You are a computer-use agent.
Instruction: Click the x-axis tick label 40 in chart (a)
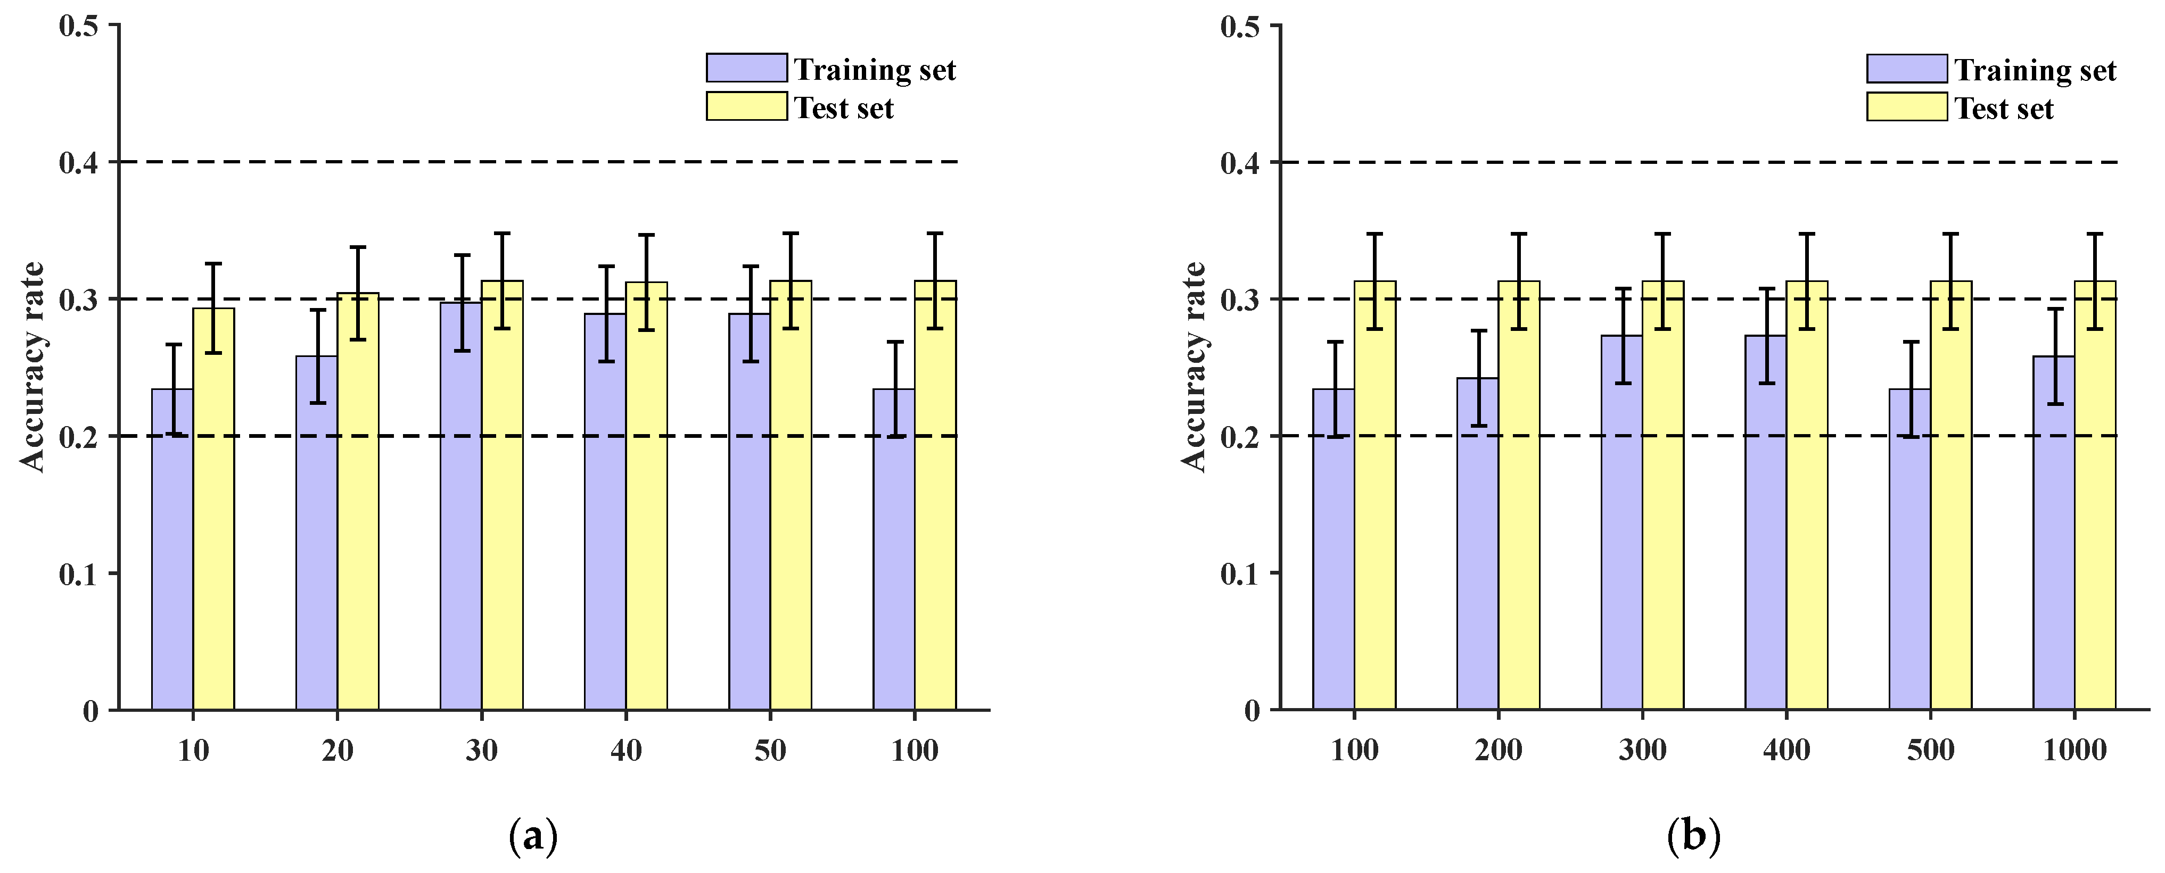click(626, 750)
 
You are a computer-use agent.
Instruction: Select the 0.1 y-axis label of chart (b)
click(1240, 575)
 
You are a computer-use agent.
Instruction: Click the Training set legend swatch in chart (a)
click(746, 68)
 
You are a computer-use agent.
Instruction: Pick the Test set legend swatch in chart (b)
click(1907, 107)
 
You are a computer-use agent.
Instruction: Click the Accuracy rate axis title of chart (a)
click(32, 367)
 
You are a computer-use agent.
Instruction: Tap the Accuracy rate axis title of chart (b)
click(1193, 367)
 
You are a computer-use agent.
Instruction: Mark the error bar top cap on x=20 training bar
click(317, 310)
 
